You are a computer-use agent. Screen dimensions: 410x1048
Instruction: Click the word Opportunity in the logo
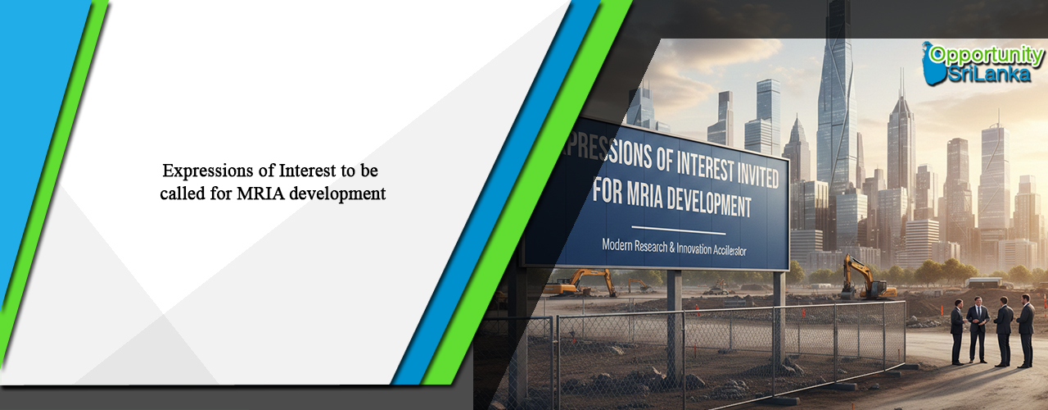(990, 55)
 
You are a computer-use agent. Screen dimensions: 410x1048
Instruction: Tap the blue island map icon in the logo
(933, 64)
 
